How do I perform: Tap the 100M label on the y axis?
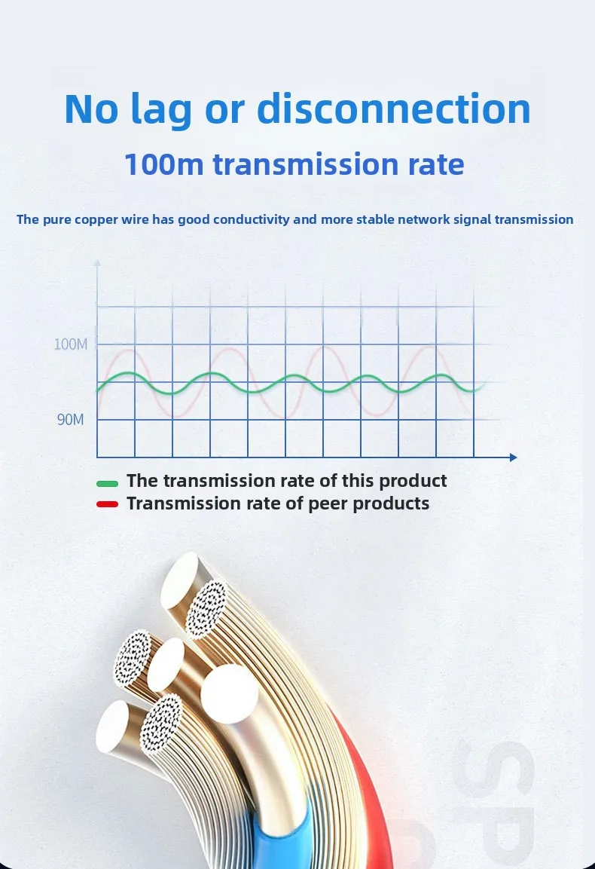[x=71, y=344]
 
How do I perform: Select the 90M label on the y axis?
[x=70, y=420]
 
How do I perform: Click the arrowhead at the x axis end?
[x=514, y=457]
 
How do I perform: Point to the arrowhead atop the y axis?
[x=97, y=262]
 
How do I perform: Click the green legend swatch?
[x=108, y=483]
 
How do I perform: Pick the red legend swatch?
[x=108, y=504]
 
